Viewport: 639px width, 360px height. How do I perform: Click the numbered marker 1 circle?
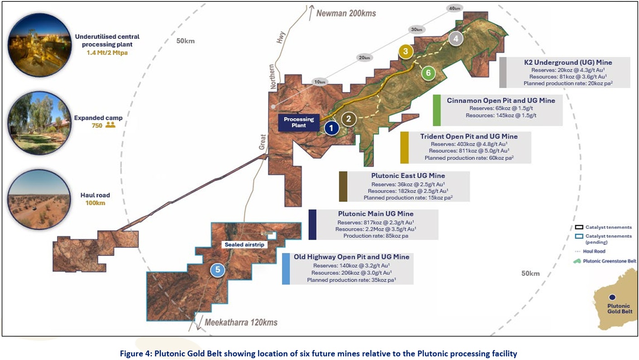[331, 128]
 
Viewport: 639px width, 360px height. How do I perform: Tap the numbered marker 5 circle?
[218, 270]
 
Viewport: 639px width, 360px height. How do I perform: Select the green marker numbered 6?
[428, 73]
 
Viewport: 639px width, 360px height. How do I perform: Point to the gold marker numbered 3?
[405, 52]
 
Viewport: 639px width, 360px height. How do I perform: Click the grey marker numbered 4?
[456, 38]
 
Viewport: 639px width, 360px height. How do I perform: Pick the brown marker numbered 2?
[348, 119]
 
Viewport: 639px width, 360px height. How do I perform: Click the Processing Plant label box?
[299, 123]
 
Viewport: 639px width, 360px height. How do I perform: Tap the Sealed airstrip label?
[244, 245]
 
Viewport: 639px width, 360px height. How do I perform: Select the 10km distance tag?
[320, 82]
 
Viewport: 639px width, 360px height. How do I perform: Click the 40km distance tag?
[455, 9]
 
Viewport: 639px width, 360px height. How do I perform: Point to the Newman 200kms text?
[346, 14]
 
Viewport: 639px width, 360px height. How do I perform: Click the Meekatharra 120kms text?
[241, 322]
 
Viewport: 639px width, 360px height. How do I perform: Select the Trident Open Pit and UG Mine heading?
[469, 136]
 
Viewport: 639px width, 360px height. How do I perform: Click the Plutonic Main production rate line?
[376, 236]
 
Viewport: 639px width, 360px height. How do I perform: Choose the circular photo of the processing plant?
[39, 45]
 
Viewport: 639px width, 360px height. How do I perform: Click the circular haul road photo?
[39, 199]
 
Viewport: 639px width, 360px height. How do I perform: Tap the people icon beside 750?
[110, 125]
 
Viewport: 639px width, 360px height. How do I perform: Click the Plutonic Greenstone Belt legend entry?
[605, 261]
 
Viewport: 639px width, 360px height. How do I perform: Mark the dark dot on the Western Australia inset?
[612, 297]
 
